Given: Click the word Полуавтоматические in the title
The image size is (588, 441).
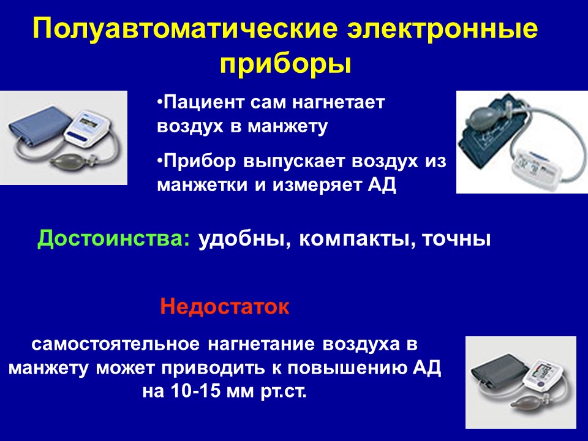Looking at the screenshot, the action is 185,28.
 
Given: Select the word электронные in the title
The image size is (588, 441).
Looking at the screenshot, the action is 442,29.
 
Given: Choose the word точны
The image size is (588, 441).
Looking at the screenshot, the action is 456,239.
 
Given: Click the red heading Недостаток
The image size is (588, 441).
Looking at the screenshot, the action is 225,307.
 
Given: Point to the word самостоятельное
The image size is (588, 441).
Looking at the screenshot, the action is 116,344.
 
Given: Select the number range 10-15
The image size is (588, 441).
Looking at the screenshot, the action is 195,391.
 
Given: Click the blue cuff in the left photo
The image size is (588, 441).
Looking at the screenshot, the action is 39,126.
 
